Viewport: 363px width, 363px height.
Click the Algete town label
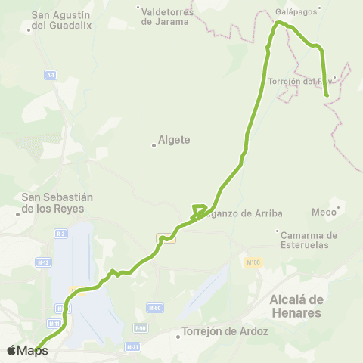174,140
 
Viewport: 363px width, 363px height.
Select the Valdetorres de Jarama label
167,16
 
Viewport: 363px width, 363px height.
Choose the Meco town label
323,212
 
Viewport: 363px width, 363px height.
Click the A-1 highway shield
51,75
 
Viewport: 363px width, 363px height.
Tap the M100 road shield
253,262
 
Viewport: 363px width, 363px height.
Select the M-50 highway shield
154,308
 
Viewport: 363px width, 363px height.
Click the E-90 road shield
141,327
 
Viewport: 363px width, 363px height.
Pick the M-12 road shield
45,262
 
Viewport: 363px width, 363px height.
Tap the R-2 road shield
60,234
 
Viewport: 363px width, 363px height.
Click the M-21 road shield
133,347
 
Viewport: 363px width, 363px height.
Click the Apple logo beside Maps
11,351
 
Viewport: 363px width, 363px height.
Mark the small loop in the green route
199,210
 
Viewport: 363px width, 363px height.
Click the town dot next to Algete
154,145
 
